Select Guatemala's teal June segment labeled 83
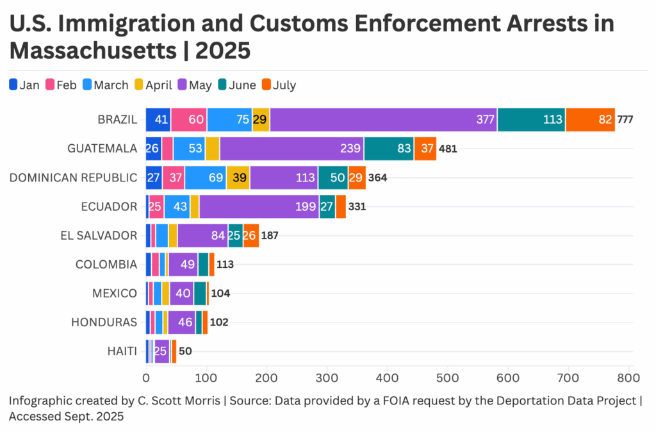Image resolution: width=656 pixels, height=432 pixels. pyautogui.click(x=388, y=149)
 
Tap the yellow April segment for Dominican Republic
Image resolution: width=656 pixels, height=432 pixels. pyautogui.click(x=238, y=178)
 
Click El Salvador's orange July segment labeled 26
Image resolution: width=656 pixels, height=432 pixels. pyautogui.click(x=250, y=235)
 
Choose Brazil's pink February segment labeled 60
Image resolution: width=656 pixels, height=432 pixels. pyautogui.click(x=188, y=120)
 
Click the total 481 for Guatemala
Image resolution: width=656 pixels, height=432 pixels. pyautogui.click(x=447, y=149)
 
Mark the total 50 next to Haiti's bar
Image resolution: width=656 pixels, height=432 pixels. pyautogui.click(x=185, y=351)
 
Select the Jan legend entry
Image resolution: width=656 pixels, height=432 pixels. pyautogui.click(x=24, y=85)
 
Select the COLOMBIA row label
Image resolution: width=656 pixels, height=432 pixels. pyautogui.click(x=106, y=264)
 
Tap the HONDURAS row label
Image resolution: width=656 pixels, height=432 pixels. pyautogui.click(x=104, y=322)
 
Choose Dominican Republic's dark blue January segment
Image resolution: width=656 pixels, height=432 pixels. pyautogui.click(x=154, y=178)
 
